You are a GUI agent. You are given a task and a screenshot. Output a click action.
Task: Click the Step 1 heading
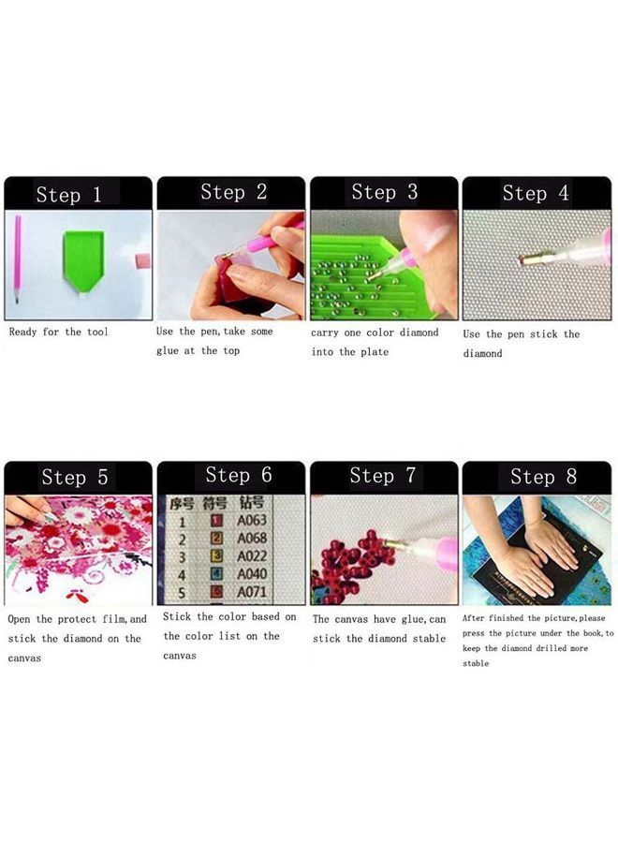click(x=69, y=195)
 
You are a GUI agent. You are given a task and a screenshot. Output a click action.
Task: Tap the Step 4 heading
click(x=536, y=193)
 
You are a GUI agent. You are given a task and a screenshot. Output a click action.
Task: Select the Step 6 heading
click(x=239, y=475)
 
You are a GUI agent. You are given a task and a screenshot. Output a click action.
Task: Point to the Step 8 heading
click(x=543, y=477)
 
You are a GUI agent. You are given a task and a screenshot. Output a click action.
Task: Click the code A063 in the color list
click(x=252, y=520)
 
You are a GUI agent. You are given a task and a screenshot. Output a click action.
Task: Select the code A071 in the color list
click(x=252, y=592)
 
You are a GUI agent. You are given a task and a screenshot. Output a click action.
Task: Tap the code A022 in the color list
click(x=252, y=556)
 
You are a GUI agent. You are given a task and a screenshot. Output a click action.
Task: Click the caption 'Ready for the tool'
click(x=58, y=332)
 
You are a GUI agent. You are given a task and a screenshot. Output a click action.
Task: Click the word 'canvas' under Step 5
click(x=24, y=658)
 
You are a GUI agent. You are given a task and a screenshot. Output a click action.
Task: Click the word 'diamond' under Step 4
click(x=482, y=353)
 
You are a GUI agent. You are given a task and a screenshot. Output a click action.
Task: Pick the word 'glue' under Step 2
click(x=169, y=350)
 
